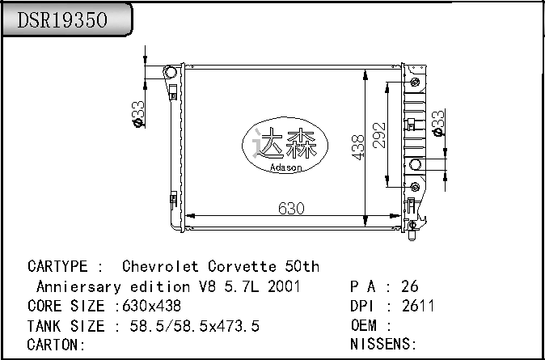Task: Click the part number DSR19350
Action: click(62, 20)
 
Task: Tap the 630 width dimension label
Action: click(291, 209)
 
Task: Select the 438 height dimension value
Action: click(358, 147)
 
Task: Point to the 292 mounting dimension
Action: click(379, 135)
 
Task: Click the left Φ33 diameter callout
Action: click(138, 114)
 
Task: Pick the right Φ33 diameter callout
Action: click(438, 123)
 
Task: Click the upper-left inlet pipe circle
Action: click(171, 72)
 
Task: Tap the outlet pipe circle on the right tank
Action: click(415, 164)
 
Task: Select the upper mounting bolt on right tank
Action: click(415, 83)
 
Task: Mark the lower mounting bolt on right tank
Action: click(415, 187)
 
